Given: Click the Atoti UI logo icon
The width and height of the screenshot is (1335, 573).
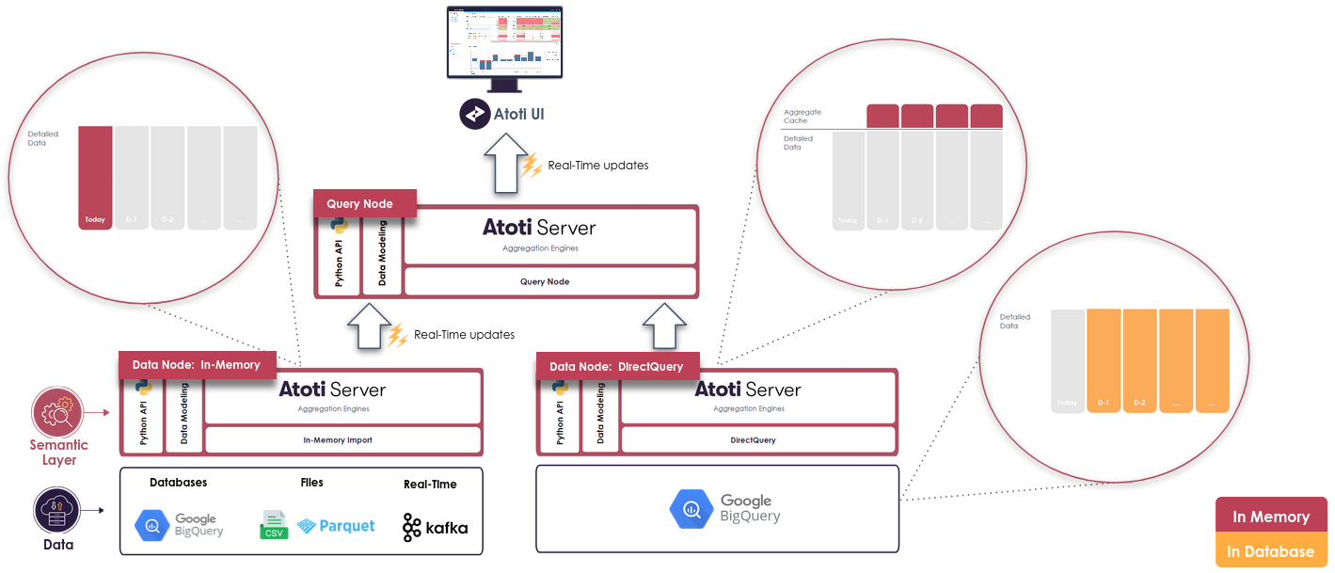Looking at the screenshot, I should click(474, 115).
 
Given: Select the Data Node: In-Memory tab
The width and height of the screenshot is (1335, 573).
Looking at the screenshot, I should click(196, 364).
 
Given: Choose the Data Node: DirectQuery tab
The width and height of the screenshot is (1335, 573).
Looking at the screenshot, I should click(616, 366).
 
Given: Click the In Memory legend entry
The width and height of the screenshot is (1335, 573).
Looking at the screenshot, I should click(1271, 516).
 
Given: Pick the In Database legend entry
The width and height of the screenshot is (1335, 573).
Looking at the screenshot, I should click(1271, 551).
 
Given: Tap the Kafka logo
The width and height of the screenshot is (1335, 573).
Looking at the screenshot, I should click(435, 527).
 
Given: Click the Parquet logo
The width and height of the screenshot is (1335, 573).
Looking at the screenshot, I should click(336, 525).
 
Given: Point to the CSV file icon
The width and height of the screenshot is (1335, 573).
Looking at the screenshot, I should click(274, 525).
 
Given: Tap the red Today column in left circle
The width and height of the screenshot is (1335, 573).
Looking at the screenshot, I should click(95, 178).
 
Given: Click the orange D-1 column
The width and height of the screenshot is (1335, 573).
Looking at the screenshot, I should click(1104, 360).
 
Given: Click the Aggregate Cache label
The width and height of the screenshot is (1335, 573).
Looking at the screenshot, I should click(803, 116).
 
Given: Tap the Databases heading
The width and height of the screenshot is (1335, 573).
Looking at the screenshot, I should click(179, 483).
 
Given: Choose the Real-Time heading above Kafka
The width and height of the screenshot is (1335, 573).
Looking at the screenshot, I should click(430, 484).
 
